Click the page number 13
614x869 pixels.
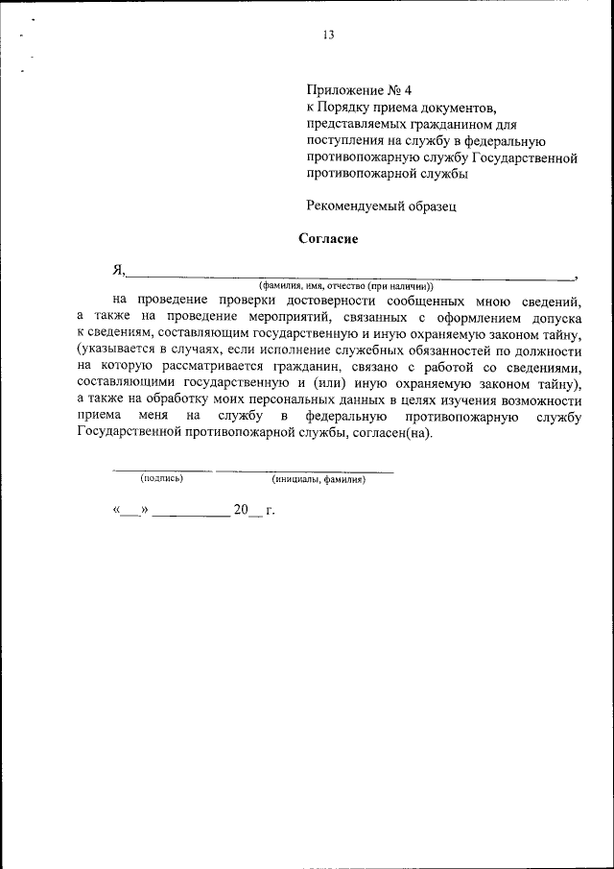click(x=328, y=35)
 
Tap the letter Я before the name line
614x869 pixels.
click(x=118, y=270)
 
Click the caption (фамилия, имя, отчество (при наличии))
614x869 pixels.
click(x=345, y=286)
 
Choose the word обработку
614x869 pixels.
click(x=167, y=399)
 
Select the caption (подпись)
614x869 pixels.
click(x=160, y=478)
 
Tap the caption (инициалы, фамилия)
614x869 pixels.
click(x=318, y=478)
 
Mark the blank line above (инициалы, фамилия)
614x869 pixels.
click(x=305, y=471)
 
